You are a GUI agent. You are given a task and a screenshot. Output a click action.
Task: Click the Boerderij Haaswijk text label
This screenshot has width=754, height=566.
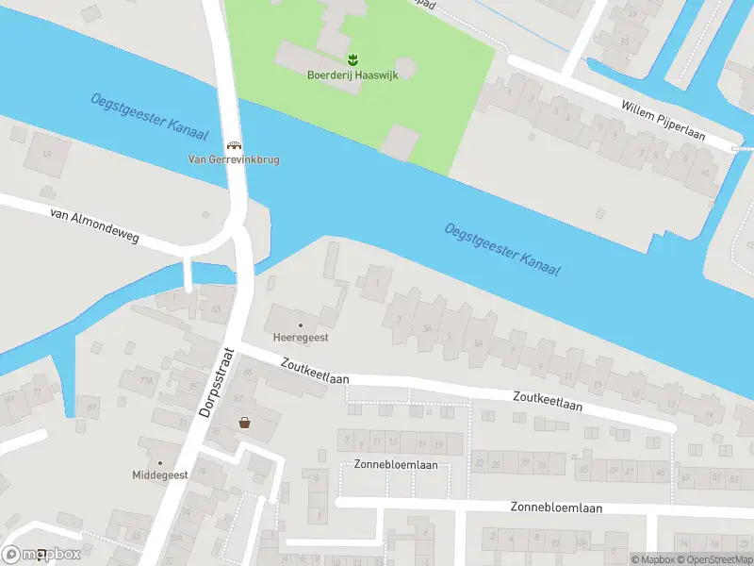[x=352, y=75]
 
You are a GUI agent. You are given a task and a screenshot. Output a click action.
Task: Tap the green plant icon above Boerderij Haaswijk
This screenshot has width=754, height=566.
[x=353, y=61]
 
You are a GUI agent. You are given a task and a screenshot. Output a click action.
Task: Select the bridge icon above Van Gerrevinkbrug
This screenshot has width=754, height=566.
[x=234, y=146]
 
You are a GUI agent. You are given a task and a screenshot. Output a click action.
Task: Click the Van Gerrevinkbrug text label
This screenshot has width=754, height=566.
[x=234, y=159]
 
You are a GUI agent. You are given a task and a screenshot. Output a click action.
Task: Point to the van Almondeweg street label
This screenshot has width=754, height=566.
[x=94, y=226]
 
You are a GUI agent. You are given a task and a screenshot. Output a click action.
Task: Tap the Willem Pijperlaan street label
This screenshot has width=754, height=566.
[x=663, y=122]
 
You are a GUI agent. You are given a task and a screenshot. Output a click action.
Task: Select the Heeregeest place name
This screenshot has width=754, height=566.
[x=301, y=338]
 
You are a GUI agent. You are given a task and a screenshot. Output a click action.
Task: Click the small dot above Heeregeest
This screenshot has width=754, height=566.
[x=301, y=325]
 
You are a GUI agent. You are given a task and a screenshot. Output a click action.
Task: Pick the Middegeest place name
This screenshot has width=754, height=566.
[x=160, y=474]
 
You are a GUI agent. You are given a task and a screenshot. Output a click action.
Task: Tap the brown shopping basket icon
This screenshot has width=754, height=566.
[x=245, y=423]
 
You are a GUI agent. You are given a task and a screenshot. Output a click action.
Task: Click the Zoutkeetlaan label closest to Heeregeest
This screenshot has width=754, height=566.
[x=315, y=370]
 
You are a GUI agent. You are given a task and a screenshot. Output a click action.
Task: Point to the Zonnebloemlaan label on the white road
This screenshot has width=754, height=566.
[x=556, y=507]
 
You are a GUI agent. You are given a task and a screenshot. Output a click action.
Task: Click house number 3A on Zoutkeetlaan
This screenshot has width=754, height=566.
[x=427, y=329]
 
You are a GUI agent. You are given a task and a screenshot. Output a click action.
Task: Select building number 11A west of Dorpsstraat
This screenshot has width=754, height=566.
[x=146, y=380]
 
